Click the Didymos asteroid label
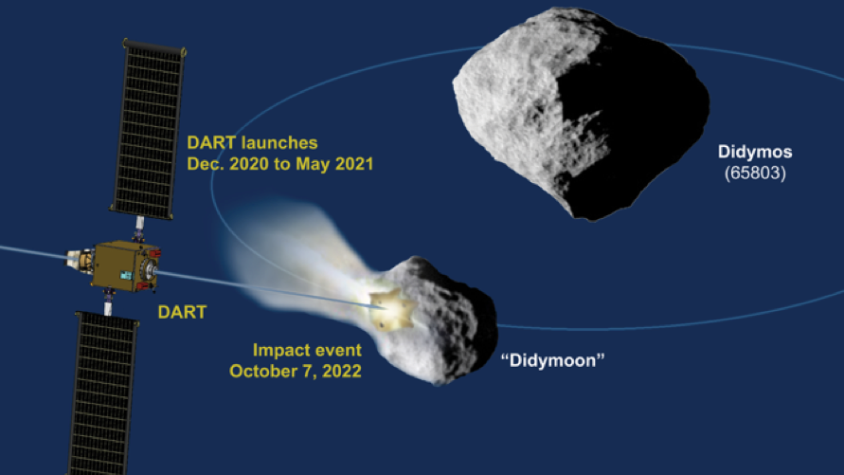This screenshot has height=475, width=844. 755,152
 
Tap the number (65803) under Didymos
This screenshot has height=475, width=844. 755,173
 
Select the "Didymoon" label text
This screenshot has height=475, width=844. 553,360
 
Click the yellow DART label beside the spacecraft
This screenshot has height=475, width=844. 182,312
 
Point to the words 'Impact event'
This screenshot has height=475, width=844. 307,351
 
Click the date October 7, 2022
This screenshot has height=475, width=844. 296,371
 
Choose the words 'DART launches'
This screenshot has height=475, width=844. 253,143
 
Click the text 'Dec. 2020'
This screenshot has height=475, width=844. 227,164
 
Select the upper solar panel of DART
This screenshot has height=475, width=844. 149,129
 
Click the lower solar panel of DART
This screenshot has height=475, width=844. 102,393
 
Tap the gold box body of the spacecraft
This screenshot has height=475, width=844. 119,266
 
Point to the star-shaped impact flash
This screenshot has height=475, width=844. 392,309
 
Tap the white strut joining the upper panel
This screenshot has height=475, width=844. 139,223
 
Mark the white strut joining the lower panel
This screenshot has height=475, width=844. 108,308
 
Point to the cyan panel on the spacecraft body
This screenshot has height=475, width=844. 126,275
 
